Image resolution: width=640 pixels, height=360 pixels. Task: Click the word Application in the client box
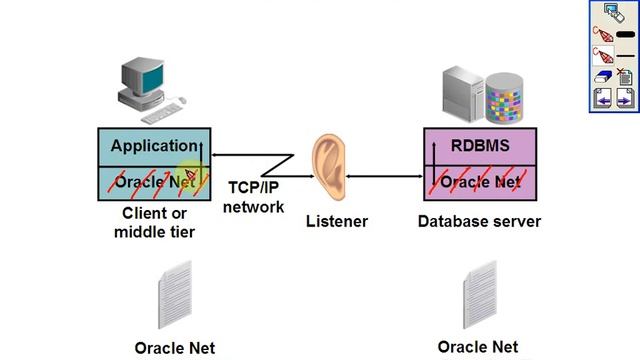click(x=154, y=146)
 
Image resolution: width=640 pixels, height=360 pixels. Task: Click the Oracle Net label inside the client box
click(x=154, y=182)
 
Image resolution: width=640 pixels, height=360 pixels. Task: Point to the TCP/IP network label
click(x=254, y=197)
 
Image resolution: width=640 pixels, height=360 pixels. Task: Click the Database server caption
click(x=479, y=221)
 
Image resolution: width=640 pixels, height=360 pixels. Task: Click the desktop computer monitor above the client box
click(x=142, y=77)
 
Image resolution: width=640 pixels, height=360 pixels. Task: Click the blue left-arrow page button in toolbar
click(x=603, y=98)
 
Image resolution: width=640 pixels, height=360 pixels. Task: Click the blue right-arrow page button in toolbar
click(x=625, y=98)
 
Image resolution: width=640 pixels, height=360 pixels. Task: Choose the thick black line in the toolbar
click(x=626, y=34)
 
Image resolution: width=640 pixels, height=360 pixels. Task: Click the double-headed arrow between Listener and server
click(x=385, y=177)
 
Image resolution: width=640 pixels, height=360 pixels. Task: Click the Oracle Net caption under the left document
click(x=175, y=348)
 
